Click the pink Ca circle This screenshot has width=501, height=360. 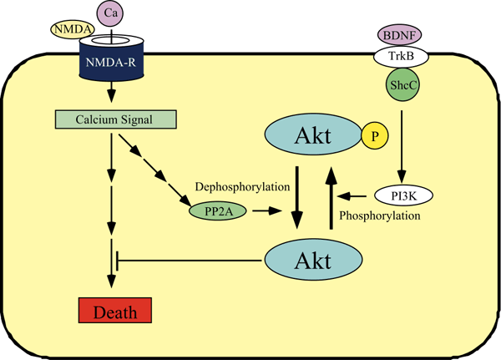click(109, 13)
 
